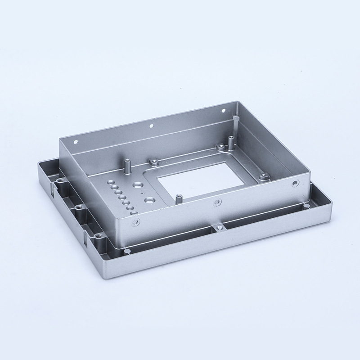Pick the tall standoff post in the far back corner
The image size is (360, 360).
coord(231,143)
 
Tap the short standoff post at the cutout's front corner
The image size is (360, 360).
coord(179,198)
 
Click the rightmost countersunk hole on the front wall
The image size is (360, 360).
coord(295,183)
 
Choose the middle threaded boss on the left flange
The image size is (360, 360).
coord(79,207)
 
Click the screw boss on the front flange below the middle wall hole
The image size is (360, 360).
coord(219,229)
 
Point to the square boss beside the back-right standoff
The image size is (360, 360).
coord(220,147)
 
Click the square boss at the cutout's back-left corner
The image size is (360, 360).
coord(153,161)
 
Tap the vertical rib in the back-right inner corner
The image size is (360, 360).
coord(236,120)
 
